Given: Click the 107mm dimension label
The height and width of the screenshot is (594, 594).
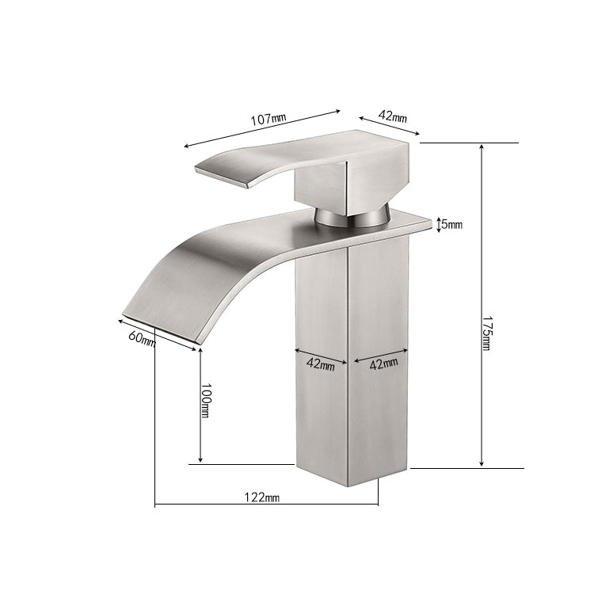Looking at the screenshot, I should point(268,119).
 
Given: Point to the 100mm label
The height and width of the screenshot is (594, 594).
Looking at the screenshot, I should point(205,401).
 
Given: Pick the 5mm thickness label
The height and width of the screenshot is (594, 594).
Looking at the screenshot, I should point(451,225).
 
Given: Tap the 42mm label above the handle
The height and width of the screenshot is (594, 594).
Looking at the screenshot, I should point(392,116).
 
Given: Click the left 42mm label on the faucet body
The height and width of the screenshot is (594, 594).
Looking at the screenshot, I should point(321,365).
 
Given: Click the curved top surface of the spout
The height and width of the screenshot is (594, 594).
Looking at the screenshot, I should point(238,238).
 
